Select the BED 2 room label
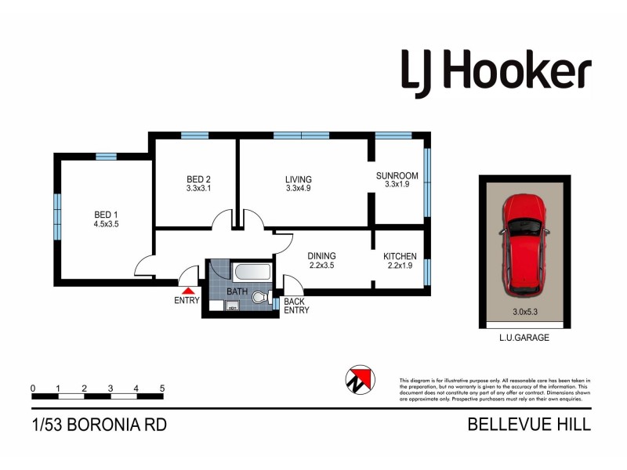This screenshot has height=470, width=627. [198, 179]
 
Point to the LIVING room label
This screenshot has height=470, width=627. [299, 179]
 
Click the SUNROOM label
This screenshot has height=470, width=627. [397, 175]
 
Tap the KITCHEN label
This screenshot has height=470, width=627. [400, 256]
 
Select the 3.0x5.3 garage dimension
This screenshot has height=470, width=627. [525, 312]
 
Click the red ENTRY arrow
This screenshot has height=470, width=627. [187, 291]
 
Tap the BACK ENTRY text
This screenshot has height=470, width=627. [295, 305]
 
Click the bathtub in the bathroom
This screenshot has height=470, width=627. [252, 273]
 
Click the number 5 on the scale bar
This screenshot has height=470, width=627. [162, 388]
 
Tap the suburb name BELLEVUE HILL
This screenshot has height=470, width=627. [529, 425]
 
